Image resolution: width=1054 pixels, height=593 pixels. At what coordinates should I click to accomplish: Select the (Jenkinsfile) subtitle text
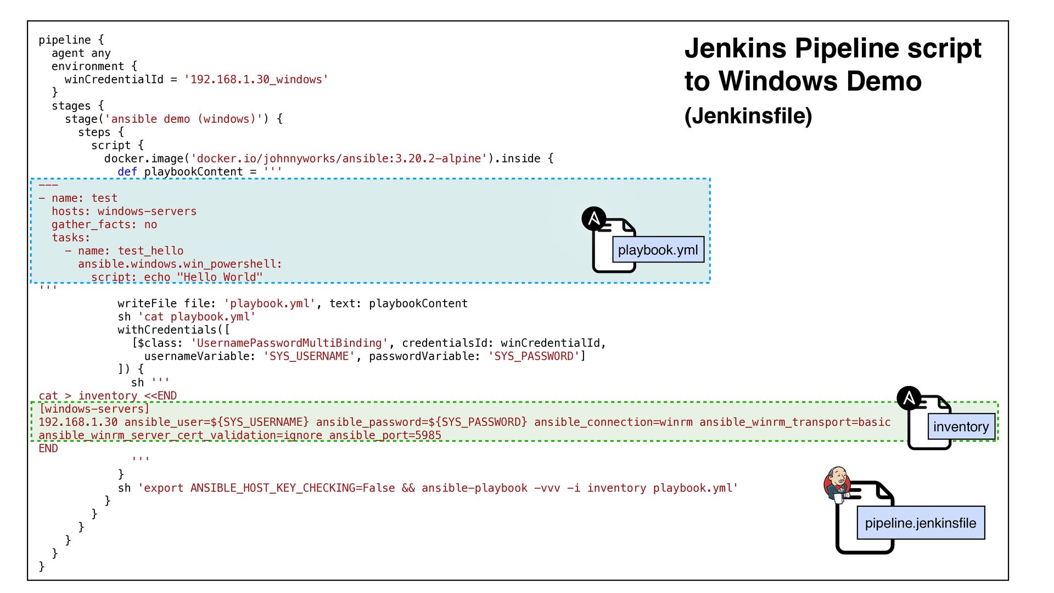coord(748,116)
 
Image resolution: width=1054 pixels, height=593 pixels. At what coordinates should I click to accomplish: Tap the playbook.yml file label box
coord(658,250)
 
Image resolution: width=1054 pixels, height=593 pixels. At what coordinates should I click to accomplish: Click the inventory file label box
coord(961,427)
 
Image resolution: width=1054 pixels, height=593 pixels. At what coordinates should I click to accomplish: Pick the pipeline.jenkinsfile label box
coord(920,523)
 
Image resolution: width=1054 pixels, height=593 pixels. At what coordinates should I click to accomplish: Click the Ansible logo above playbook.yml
coord(594,219)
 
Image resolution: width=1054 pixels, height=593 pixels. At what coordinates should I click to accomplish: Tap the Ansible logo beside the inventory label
coord(909,398)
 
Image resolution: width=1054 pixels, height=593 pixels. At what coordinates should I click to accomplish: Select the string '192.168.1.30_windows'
coord(256,80)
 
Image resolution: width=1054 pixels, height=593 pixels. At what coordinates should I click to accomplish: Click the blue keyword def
coord(127,172)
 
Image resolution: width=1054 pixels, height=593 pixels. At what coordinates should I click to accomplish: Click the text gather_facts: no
coord(104,225)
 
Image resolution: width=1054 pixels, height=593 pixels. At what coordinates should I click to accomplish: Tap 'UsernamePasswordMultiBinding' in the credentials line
coord(289,343)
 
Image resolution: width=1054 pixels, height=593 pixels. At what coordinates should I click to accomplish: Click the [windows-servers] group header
coord(94,409)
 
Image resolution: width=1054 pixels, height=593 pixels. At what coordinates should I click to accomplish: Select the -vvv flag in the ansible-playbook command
coord(547,488)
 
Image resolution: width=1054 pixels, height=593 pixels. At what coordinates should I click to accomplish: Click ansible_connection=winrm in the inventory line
coord(613,422)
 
